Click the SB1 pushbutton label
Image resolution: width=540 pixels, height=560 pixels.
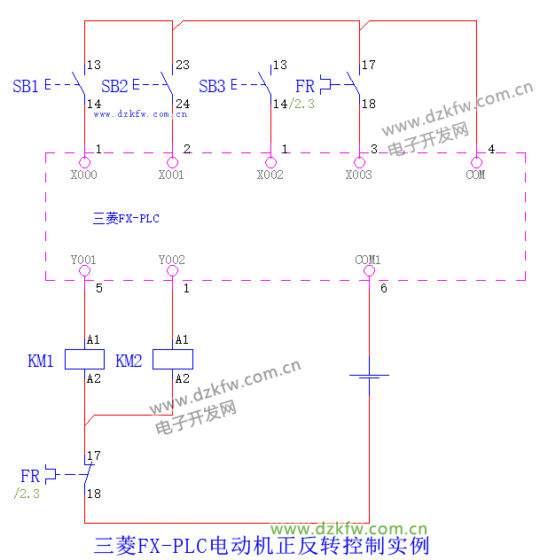(x=25, y=86)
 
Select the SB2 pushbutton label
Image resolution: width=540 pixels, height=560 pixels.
(x=114, y=86)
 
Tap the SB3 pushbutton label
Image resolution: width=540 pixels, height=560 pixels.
(x=212, y=86)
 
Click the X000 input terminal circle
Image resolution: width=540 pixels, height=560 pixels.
(x=84, y=162)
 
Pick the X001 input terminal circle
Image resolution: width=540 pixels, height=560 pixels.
(x=172, y=162)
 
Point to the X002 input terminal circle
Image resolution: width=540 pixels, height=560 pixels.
(x=270, y=162)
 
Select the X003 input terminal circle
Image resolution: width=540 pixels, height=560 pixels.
(x=359, y=162)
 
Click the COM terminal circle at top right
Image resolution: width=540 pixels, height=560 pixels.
(x=476, y=162)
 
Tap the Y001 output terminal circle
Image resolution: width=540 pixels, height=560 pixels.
(x=84, y=272)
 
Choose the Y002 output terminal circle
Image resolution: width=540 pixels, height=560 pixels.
(x=172, y=272)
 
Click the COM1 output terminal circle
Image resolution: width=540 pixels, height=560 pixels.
(x=368, y=272)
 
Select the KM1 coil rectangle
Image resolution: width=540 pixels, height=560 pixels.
(x=84, y=359)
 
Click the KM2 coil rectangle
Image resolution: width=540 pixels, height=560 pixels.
(x=173, y=359)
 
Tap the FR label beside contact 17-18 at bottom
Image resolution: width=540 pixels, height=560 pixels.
(x=30, y=476)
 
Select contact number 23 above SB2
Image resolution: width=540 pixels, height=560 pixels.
(x=183, y=65)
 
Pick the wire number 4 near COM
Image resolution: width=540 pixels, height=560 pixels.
(x=491, y=147)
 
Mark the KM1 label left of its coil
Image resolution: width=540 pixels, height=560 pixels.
(x=41, y=361)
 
